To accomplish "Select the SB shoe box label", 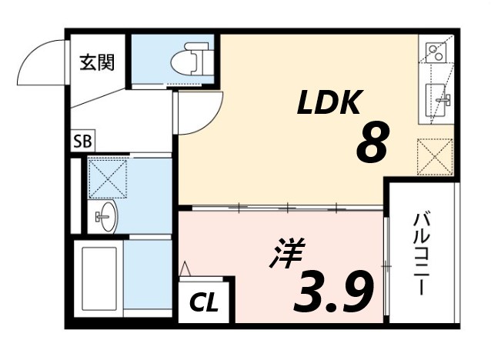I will tap(81, 142).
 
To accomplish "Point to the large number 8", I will tap(371, 142).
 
